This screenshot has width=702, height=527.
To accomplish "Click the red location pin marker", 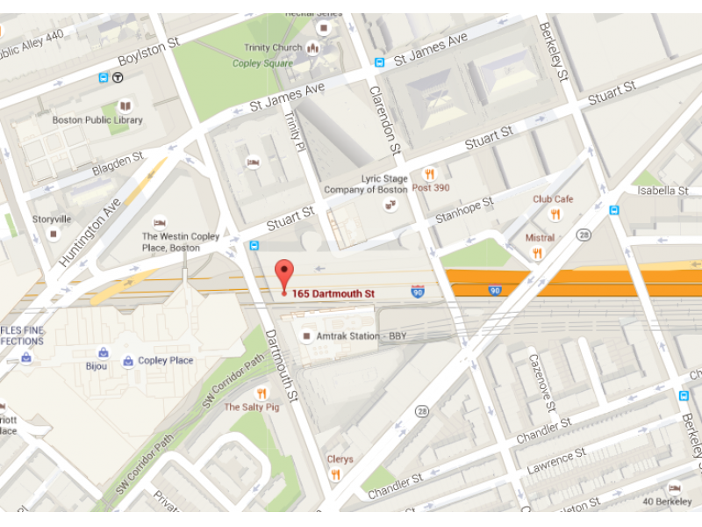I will pyautogui.click(x=283, y=273).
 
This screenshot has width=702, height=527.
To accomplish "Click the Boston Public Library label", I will pyautogui.click(x=97, y=120).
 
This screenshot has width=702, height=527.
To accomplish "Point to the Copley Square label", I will pyautogui.click(x=262, y=63).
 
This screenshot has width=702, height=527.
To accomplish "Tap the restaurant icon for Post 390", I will pyautogui.click(x=429, y=174).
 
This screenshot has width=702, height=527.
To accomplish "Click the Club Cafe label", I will pyautogui.click(x=553, y=199).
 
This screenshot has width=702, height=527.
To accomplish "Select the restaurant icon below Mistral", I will pyautogui.click(x=537, y=253).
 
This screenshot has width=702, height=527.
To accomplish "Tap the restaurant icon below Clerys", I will pyautogui.click(x=335, y=475).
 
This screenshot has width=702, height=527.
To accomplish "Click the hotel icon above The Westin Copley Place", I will pyautogui.click(x=160, y=223).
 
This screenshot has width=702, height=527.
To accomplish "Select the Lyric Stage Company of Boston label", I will pyautogui.click(x=366, y=184).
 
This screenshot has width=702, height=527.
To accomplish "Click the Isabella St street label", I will pyautogui.click(x=663, y=190).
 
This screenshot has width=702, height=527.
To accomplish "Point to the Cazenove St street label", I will pyautogui.click(x=541, y=382).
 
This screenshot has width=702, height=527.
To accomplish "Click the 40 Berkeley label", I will pyautogui.click(x=667, y=502).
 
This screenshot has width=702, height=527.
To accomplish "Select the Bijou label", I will pyautogui.click(x=97, y=366).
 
